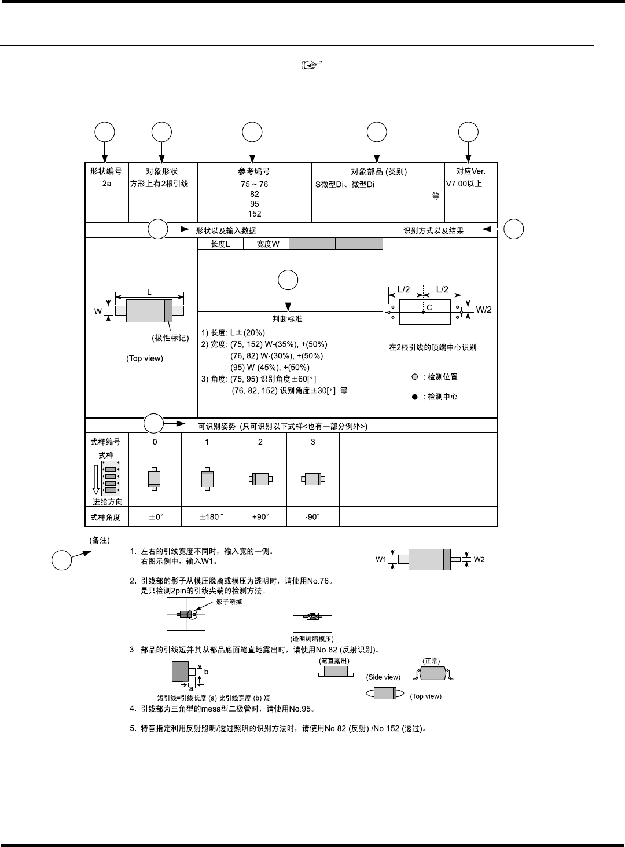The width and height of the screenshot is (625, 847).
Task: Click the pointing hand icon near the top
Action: tap(311, 65)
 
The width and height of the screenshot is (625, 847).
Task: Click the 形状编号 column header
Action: tap(106, 171)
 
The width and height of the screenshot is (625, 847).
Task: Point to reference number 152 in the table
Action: tap(255, 214)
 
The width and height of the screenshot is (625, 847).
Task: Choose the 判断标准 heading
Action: tap(287, 319)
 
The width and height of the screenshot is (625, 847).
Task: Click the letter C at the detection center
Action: tap(429, 307)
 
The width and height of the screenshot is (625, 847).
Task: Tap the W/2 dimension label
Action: tap(484, 310)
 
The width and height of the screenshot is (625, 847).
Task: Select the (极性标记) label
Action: tap(170, 338)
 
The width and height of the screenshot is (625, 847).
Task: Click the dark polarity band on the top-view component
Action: tap(168, 310)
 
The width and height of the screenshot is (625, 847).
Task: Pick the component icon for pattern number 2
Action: tap(260, 479)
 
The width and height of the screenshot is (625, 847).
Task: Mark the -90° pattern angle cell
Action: tap(312, 516)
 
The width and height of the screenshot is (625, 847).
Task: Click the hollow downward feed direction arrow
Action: tap(96, 479)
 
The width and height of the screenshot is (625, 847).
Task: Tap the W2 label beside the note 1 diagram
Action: tap(479, 559)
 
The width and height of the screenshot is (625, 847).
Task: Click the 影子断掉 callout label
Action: tap(229, 602)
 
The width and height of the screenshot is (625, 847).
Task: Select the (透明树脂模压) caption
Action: tap(312, 639)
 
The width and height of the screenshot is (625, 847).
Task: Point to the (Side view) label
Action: tap(383, 677)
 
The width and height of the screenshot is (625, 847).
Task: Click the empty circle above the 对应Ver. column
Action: tap(468, 132)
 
